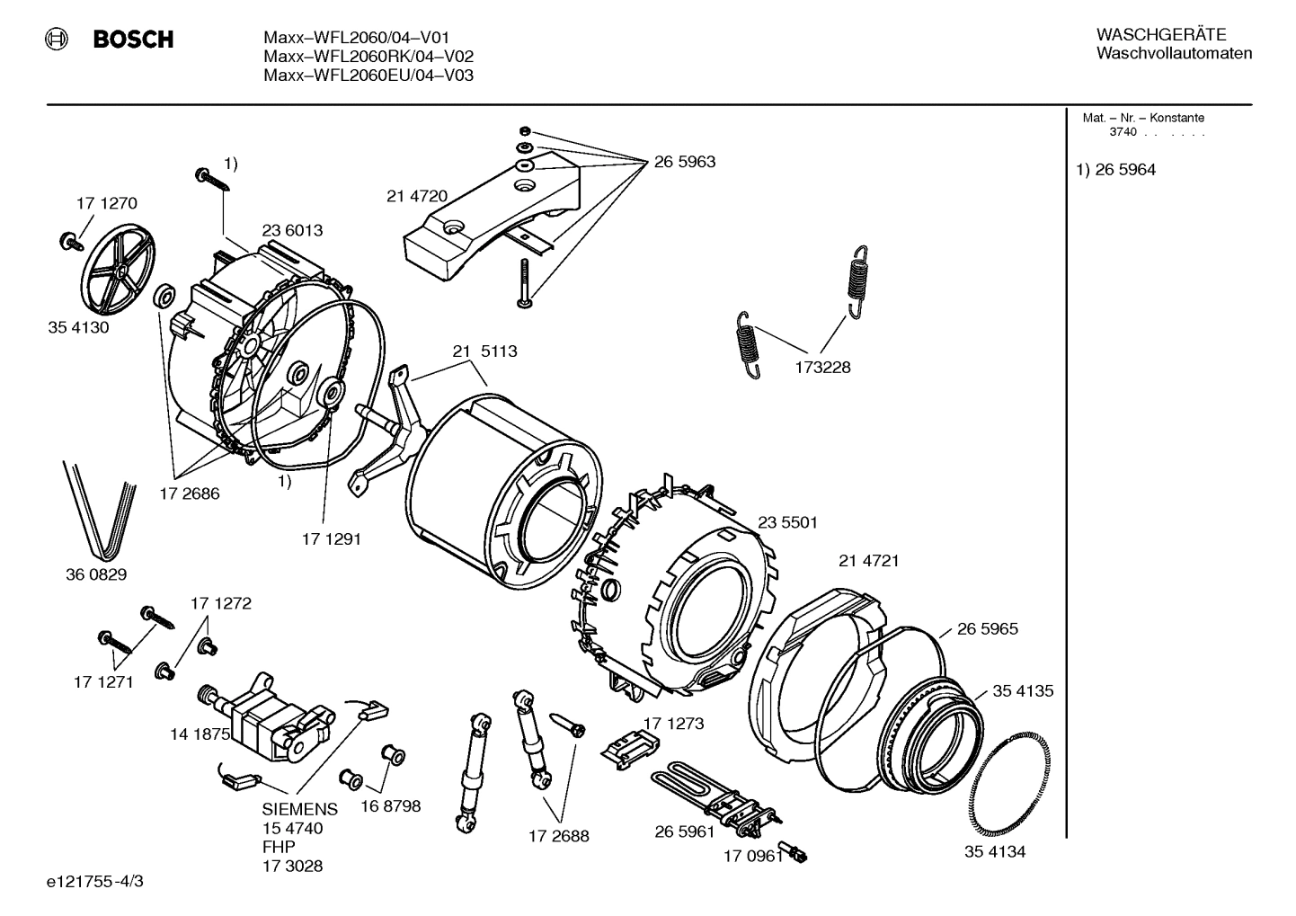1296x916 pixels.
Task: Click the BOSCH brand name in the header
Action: point(132,40)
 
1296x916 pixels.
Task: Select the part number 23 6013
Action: point(292,230)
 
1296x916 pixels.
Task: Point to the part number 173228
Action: point(821,368)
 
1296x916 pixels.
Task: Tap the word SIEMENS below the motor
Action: point(299,809)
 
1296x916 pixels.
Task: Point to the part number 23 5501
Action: point(787,522)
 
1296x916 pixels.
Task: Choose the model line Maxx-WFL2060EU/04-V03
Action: point(368,76)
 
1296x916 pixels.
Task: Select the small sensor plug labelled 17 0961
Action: point(795,853)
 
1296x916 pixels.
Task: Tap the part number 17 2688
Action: point(558,836)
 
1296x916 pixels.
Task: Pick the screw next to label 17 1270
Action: point(68,240)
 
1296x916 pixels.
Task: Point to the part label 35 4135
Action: point(1023,691)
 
